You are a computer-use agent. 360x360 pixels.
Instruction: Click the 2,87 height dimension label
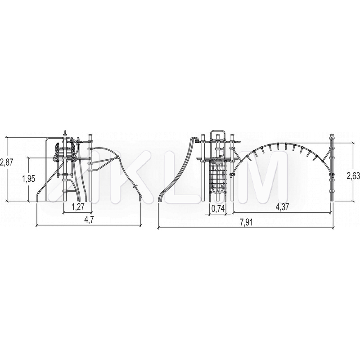tap(7, 162)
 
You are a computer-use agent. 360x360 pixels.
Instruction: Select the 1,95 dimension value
tap(28, 178)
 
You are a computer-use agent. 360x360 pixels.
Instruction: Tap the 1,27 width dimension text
tap(78, 207)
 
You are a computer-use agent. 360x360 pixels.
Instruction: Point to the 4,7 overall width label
tap(89, 220)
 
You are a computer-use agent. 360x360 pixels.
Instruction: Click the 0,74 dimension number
tap(217, 208)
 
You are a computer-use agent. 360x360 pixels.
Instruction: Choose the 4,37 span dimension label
tap(282, 207)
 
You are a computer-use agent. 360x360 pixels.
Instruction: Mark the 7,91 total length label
tap(246, 222)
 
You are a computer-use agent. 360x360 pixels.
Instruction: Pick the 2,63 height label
tap(353, 176)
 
